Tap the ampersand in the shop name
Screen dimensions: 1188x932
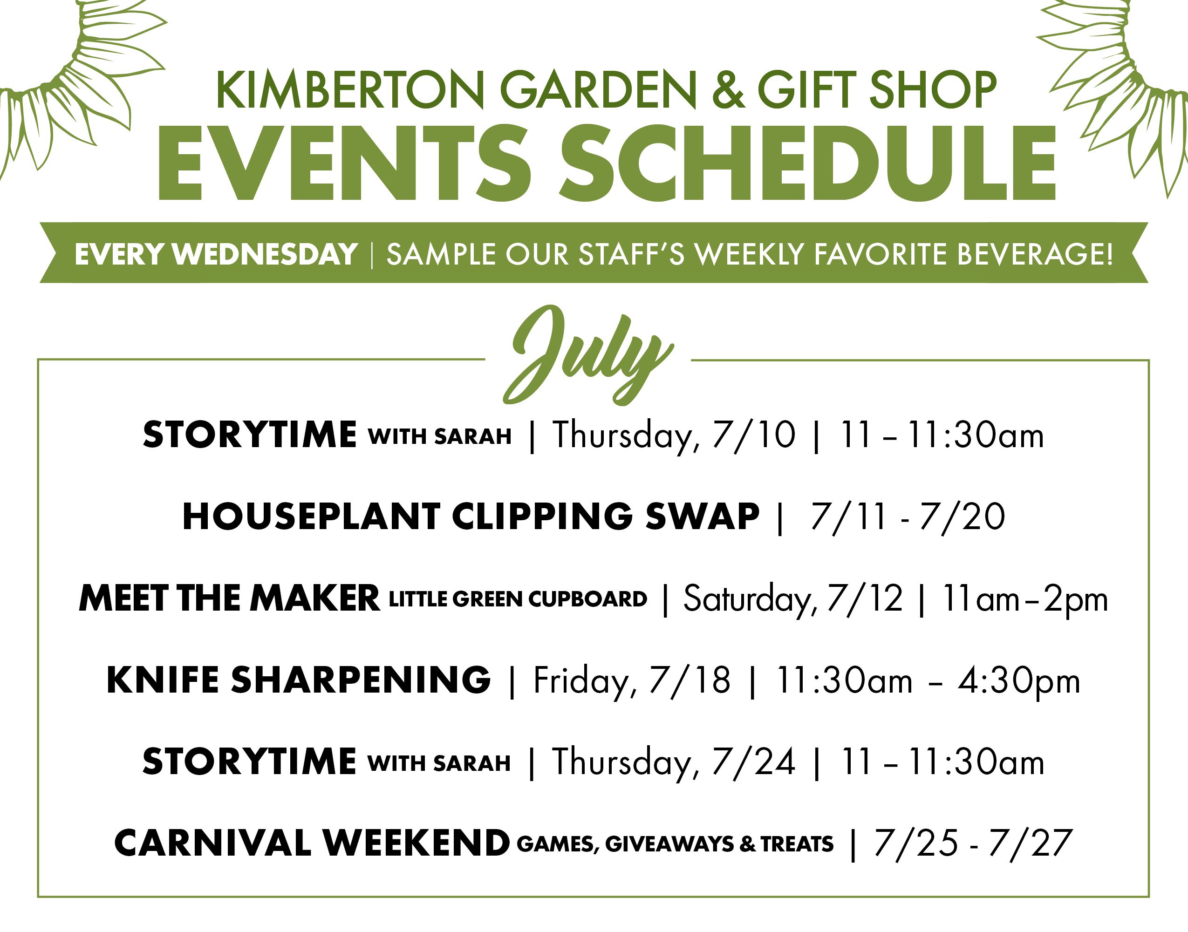click(x=728, y=90)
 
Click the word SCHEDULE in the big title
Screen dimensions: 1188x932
click(x=807, y=163)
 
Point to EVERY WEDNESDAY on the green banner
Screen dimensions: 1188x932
click(x=216, y=254)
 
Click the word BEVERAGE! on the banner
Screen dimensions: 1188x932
click(x=1035, y=254)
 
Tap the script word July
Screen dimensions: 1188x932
click(x=588, y=355)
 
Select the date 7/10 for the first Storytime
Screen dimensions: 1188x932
click(x=754, y=435)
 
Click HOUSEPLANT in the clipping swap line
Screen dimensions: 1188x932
click(x=311, y=516)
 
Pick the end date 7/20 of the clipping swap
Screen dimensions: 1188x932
click(x=962, y=516)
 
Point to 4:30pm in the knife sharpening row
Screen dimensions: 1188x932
click(x=1019, y=682)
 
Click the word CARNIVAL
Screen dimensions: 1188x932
click(x=213, y=844)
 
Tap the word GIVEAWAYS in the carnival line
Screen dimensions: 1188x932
click(x=669, y=844)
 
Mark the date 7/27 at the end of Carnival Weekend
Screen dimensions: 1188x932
click(x=1030, y=844)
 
